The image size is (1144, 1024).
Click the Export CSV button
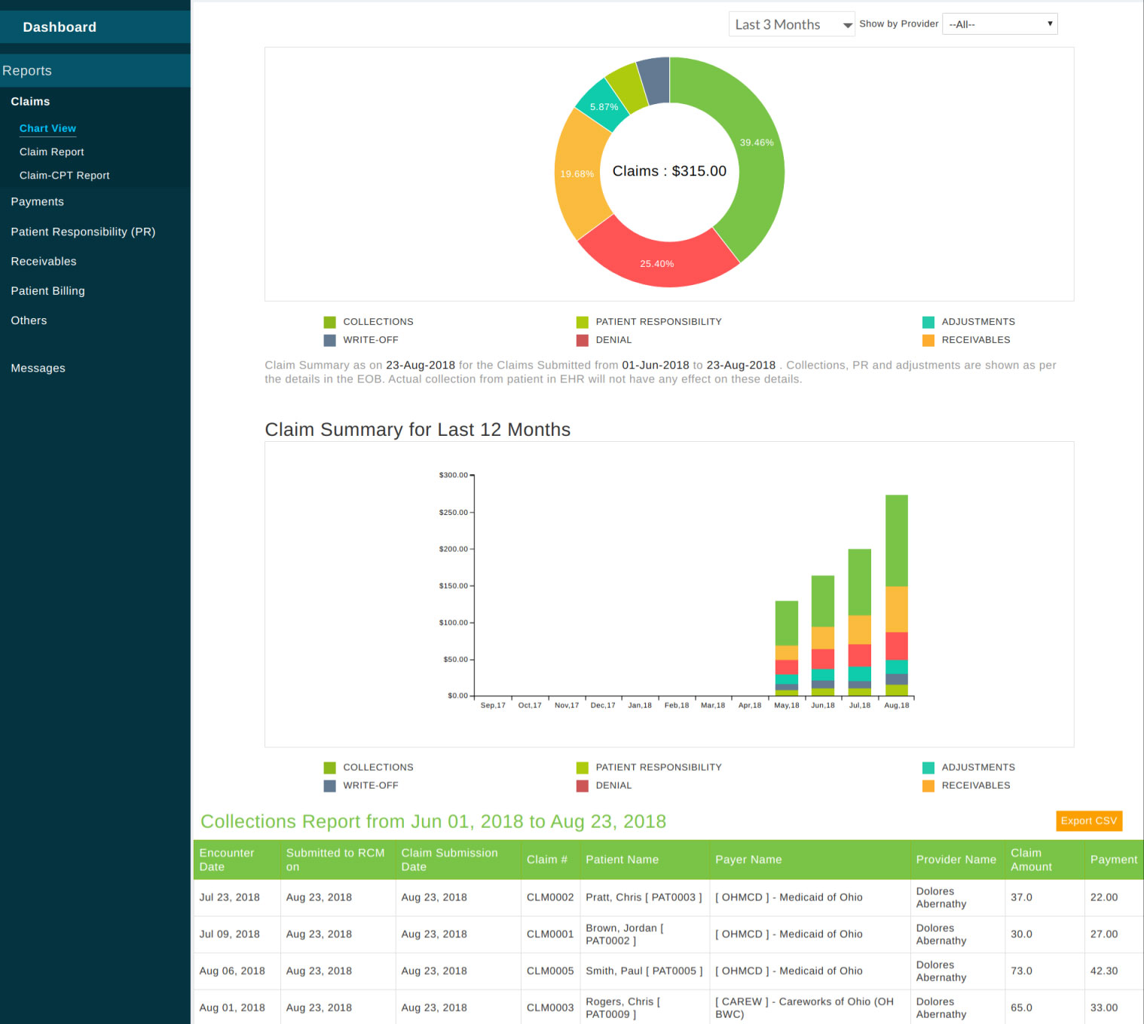(1088, 821)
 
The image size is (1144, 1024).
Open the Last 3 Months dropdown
(791, 25)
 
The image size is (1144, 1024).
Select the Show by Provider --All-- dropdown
(999, 25)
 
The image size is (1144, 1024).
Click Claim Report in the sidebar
(51, 152)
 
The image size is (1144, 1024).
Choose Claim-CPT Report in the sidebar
(64, 176)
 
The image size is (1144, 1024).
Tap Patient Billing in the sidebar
(47, 291)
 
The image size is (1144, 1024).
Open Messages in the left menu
(38, 369)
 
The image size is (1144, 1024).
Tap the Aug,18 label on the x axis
(896, 706)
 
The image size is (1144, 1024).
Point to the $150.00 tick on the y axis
(453, 586)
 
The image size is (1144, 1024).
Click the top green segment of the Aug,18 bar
(896, 540)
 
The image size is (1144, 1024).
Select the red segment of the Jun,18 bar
(822, 659)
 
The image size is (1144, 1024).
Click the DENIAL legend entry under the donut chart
(613, 341)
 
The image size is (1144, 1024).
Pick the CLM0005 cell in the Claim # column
(549, 971)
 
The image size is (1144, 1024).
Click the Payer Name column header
(748, 860)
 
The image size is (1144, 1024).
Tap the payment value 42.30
(1103, 971)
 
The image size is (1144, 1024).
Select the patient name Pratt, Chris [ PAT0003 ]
(643, 897)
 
